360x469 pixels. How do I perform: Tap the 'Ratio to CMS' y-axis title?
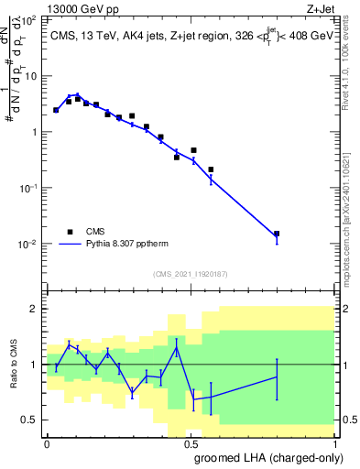click(12, 365)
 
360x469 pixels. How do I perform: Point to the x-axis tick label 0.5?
click(191, 443)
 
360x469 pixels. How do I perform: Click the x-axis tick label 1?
click(336, 443)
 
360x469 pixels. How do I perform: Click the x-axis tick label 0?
click(46, 443)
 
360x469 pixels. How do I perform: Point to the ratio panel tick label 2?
click(35, 310)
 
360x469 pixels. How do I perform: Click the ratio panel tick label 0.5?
click(30, 420)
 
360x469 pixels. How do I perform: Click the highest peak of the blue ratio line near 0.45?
click(177, 347)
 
